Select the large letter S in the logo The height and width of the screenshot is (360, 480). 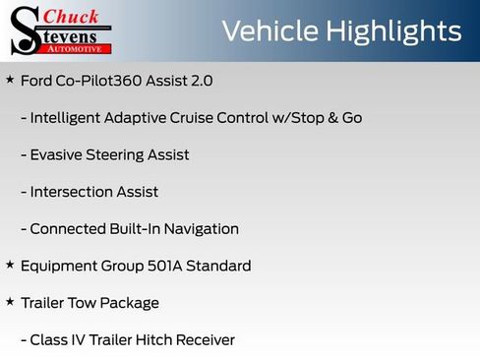[24, 31]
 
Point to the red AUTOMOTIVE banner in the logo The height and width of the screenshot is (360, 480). [74, 47]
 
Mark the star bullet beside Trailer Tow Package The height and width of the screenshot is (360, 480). [10, 302]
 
